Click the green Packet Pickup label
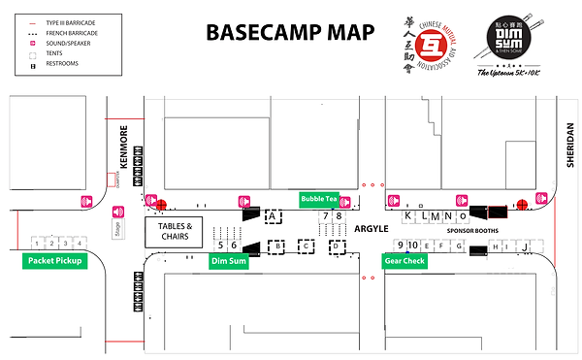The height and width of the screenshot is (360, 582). [x=54, y=261]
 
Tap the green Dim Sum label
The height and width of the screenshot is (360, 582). [x=228, y=261]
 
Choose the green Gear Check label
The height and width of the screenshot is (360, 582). [x=404, y=261]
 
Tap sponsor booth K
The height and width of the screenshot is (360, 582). [x=407, y=216]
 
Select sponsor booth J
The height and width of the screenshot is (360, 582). [x=524, y=246]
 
